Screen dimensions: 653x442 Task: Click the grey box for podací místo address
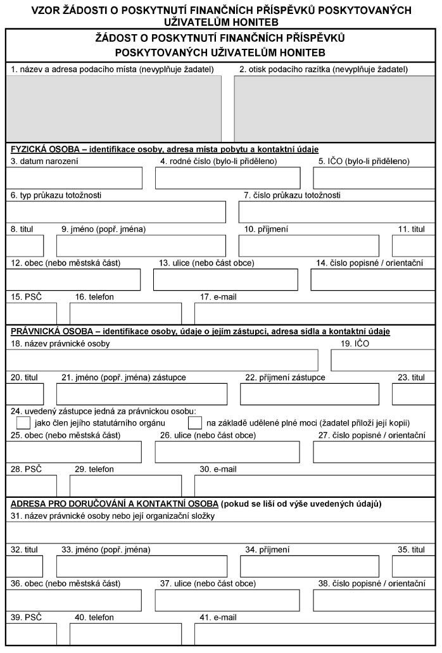[x=114, y=108]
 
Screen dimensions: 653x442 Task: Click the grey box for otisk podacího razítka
[x=334, y=108]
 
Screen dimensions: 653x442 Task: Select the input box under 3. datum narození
[x=74, y=178]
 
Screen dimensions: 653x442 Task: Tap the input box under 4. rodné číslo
[x=227, y=178]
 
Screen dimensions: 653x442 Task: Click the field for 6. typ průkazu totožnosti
[x=116, y=212]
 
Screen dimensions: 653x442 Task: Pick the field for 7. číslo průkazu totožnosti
[x=336, y=212]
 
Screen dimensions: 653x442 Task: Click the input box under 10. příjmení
[x=308, y=245]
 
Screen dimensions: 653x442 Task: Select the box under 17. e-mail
[x=314, y=313]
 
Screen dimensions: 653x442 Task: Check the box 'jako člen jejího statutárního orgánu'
[x=23, y=422]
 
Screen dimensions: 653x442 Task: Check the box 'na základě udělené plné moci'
[x=196, y=422]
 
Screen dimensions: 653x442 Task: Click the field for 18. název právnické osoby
[x=163, y=359]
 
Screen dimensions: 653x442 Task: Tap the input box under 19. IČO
[x=382, y=359]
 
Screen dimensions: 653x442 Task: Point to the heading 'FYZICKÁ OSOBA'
[x=44, y=149]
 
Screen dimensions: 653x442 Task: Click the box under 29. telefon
[x=125, y=485]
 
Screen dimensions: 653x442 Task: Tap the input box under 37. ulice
[x=227, y=600]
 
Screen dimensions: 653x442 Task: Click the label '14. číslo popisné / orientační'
[x=370, y=263]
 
